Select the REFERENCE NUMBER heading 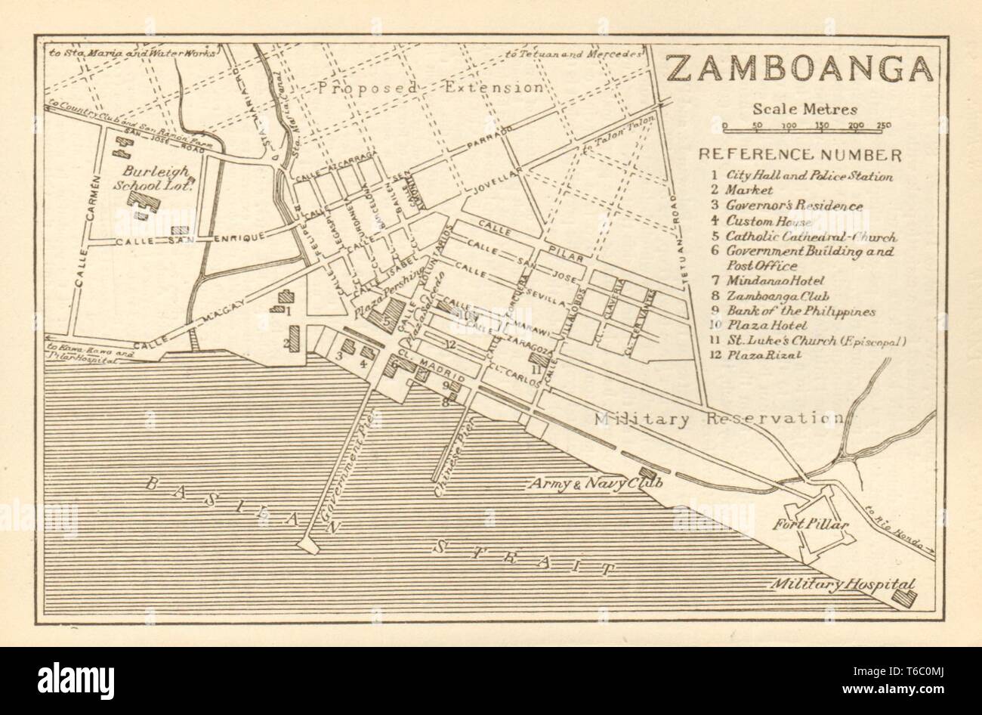click(800, 155)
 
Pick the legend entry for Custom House click(769, 221)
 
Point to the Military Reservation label click(718, 419)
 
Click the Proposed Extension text click(429, 88)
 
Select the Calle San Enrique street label click(189, 240)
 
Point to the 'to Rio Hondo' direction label click(898, 525)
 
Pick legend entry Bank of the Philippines click(800, 311)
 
